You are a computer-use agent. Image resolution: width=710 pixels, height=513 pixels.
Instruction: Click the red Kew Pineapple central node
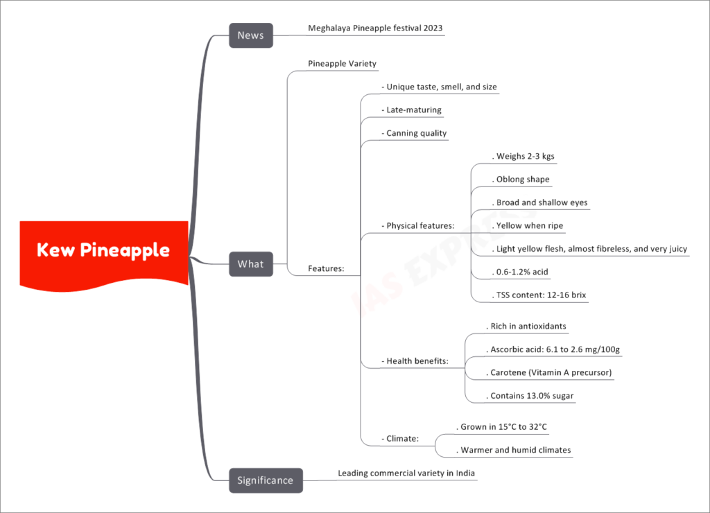click(104, 254)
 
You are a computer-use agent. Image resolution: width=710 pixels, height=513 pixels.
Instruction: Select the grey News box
click(251, 35)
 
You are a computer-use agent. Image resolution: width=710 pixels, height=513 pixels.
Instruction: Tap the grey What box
click(251, 264)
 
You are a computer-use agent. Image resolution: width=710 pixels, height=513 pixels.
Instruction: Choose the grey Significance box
click(266, 480)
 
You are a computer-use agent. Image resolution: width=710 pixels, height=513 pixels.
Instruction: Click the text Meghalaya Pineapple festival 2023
click(375, 28)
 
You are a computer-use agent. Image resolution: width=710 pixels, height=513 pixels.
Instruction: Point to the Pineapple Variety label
click(343, 63)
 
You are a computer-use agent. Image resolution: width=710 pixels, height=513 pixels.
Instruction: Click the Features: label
click(326, 268)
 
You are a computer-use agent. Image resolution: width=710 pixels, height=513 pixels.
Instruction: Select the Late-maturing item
click(412, 110)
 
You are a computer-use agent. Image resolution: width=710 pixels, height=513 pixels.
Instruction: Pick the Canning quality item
click(415, 133)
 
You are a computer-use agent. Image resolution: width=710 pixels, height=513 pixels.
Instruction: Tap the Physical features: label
click(418, 225)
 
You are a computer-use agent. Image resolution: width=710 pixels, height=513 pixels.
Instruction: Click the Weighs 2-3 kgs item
click(523, 156)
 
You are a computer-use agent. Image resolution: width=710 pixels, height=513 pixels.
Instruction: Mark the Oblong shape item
click(521, 180)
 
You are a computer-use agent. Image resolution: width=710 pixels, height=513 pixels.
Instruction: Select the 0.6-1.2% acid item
click(520, 272)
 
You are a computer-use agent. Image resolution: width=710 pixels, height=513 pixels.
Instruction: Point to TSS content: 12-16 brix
click(539, 295)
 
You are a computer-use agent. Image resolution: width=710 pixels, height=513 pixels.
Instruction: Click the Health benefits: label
click(415, 361)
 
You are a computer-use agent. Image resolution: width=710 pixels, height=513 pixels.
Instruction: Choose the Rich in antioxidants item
click(526, 326)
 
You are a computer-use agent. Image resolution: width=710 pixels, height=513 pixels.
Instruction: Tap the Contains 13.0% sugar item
click(530, 396)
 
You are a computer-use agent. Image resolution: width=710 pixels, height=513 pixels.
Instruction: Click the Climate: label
click(400, 438)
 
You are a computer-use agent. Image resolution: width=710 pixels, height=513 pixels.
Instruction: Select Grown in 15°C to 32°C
click(502, 426)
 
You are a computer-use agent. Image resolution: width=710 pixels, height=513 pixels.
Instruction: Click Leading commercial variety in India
click(406, 473)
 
